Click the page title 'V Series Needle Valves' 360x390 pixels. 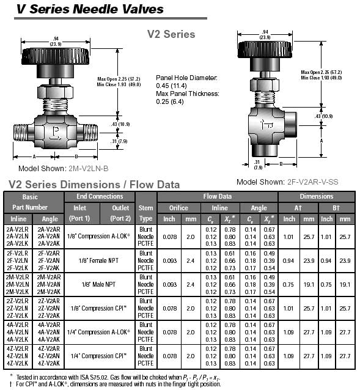[90, 9]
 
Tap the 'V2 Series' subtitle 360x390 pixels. [171, 34]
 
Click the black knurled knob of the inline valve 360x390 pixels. [56, 56]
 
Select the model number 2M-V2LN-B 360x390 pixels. [89, 169]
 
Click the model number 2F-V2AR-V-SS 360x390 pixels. [313, 182]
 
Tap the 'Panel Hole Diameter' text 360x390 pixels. [186, 78]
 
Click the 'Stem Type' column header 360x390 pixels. [145, 213]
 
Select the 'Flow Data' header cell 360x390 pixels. [218, 196]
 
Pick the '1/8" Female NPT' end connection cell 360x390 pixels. [98, 260]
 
